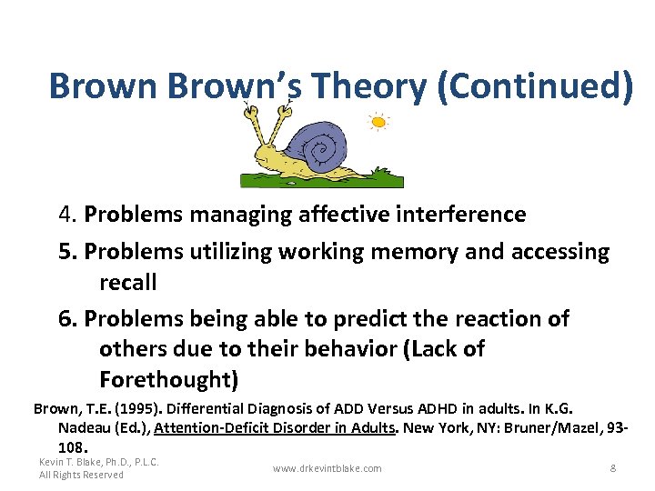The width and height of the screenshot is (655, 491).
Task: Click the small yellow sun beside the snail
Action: click(378, 122)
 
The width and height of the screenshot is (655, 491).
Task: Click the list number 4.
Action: click(65, 215)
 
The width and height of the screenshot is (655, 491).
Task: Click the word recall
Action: click(128, 283)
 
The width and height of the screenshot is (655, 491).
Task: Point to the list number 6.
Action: click(65, 319)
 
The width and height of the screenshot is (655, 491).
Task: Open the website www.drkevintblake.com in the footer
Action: click(327, 468)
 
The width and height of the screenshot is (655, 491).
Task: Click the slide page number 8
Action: click(613, 468)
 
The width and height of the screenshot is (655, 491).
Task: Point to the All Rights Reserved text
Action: click(81, 475)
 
